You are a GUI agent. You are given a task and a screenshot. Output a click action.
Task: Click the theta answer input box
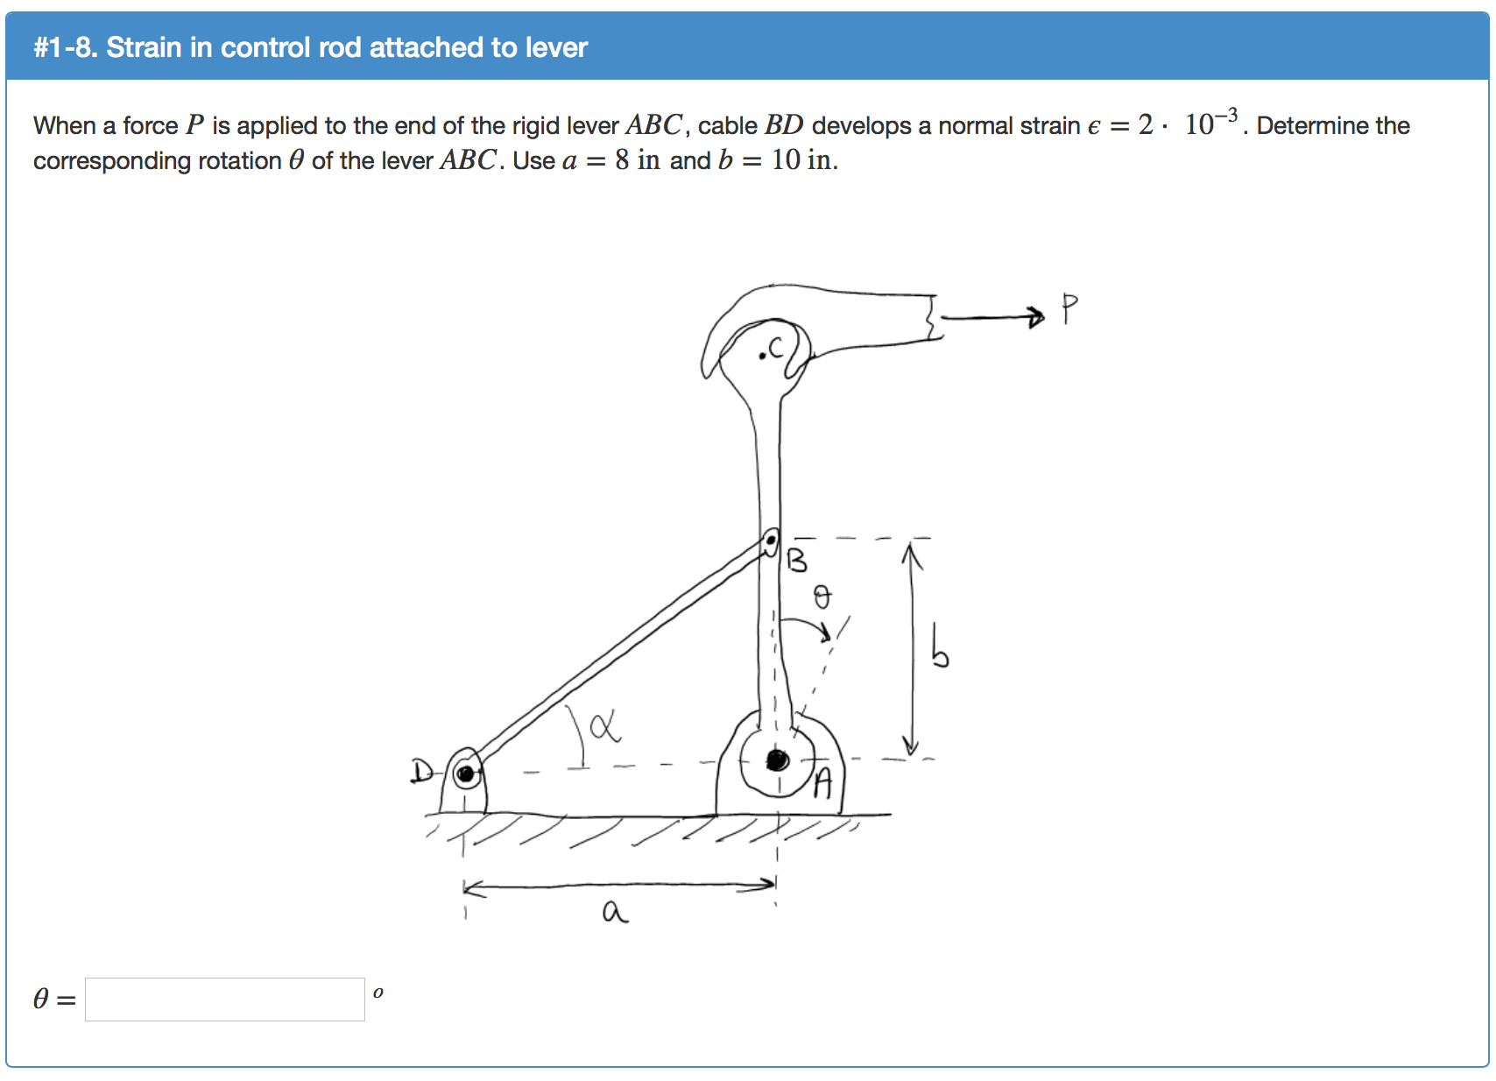tap(225, 1000)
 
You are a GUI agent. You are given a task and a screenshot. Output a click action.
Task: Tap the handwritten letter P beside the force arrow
tap(1069, 308)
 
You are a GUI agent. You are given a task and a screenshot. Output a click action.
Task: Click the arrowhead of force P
tap(1037, 316)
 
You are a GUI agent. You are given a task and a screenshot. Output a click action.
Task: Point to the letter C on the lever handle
tap(777, 349)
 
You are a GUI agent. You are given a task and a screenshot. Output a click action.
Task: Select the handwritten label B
tap(797, 560)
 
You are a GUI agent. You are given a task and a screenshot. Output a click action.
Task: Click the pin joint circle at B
tap(771, 543)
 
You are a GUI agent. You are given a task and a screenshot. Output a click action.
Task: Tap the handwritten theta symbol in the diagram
tap(822, 597)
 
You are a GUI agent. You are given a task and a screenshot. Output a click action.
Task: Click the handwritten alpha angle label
tap(604, 726)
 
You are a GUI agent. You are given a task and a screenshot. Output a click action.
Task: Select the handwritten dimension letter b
tap(939, 647)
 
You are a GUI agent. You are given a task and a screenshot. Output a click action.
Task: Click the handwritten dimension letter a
tap(615, 913)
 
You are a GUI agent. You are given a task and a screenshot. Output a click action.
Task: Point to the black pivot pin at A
tap(777, 760)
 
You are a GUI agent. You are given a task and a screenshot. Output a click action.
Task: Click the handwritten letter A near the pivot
tap(822, 783)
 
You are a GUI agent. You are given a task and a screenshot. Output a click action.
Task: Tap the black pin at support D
tap(466, 774)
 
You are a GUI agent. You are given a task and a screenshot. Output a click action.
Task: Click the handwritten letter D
tap(421, 772)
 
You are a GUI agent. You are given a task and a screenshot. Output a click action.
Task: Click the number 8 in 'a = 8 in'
tap(622, 160)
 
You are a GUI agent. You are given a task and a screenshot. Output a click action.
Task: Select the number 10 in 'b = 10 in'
tap(786, 160)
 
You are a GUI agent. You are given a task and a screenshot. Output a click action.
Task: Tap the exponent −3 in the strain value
tap(1227, 115)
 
